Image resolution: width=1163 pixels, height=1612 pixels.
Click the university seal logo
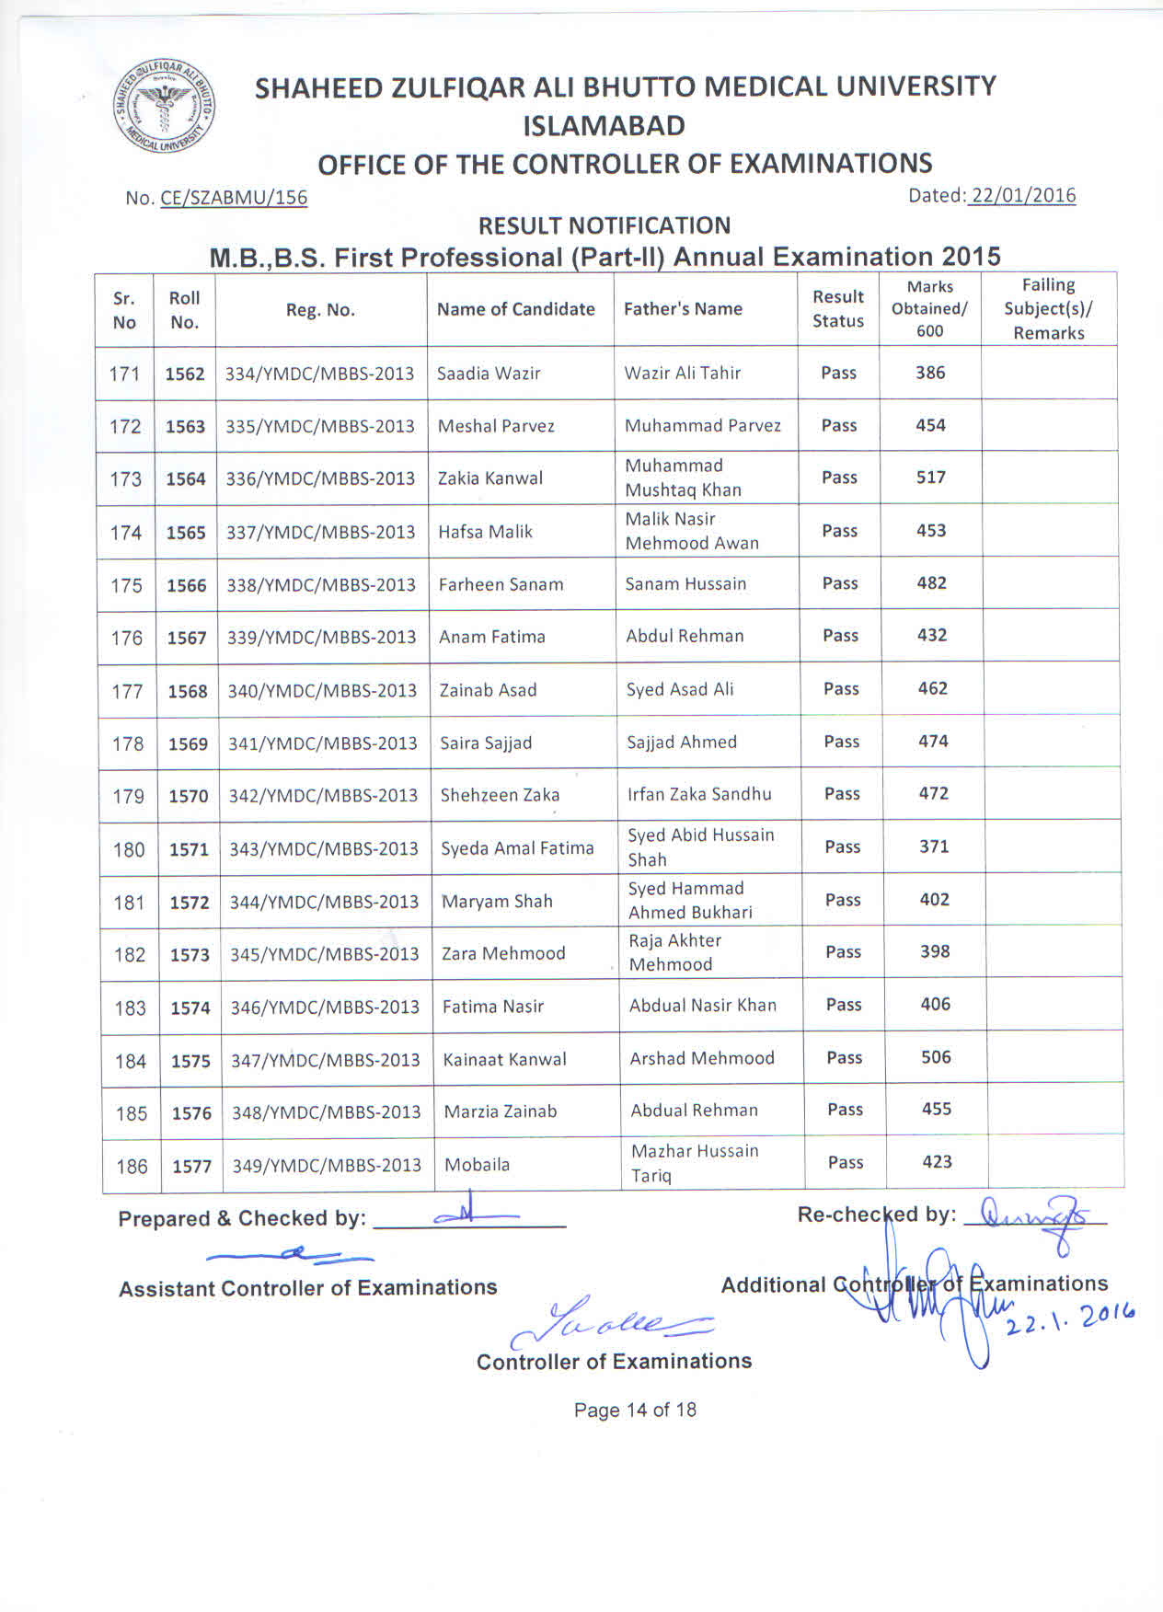pyautogui.click(x=165, y=109)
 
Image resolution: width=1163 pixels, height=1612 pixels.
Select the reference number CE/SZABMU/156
pyautogui.click(x=234, y=198)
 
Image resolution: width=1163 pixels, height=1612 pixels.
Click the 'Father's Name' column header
pyautogui.click(x=683, y=309)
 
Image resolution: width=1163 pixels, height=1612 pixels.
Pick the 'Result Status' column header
pyautogui.click(x=837, y=309)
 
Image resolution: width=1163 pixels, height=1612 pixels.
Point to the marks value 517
pyautogui.click(x=930, y=478)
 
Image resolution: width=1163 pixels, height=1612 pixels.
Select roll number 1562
pyautogui.click(x=185, y=374)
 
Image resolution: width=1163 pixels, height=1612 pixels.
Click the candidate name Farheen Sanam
pyautogui.click(x=501, y=584)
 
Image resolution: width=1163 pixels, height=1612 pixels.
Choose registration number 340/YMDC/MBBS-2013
pyautogui.click(x=322, y=690)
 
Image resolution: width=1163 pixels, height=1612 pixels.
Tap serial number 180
pyautogui.click(x=129, y=849)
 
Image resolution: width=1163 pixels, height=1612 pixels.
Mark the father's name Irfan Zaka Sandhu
pyautogui.click(x=699, y=794)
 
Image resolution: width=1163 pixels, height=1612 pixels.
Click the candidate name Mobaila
pyautogui.click(x=477, y=1165)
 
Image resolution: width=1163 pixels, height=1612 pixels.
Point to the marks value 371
pyautogui.click(x=934, y=846)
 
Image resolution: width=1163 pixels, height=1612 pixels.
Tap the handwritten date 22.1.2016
pyautogui.click(x=1070, y=1318)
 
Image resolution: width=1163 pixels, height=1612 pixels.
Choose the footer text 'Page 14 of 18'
pyautogui.click(x=635, y=1410)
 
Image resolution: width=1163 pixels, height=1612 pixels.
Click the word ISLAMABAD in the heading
pyautogui.click(x=604, y=125)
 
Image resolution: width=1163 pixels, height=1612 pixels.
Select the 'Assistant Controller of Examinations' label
pyautogui.click(x=307, y=1287)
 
